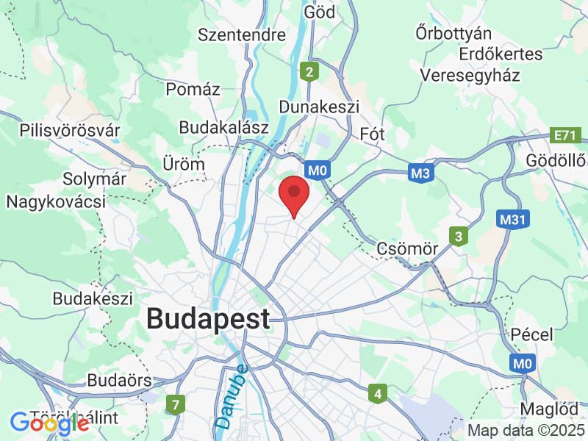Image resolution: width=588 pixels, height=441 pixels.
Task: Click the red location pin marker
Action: pyautogui.click(x=294, y=193)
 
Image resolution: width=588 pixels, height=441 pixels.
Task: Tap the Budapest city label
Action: pyautogui.click(x=208, y=319)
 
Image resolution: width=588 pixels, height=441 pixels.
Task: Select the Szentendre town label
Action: pyautogui.click(x=242, y=35)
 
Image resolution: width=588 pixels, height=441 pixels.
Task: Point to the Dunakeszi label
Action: pyautogui.click(x=319, y=107)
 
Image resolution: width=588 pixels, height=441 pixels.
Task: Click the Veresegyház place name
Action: pyautogui.click(x=470, y=75)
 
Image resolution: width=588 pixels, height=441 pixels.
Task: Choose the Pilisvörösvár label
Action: pyautogui.click(x=70, y=131)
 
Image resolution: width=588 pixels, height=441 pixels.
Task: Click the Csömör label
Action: pyautogui.click(x=407, y=248)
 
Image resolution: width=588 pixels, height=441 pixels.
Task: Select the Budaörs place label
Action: pyautogui.click(x=119, y=380)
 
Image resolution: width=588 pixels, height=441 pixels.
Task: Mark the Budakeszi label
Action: pyautogui.click(x=93, y=299)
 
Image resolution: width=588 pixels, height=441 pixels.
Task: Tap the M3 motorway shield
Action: pyautogui.click(x=420, y=173)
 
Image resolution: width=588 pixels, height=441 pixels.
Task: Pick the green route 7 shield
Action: pyautogui.click(x=175, y=404)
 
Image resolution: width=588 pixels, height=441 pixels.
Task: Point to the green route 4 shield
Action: pyautogui.click(x=378, y=394)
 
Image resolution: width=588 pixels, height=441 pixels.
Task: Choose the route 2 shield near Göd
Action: pyautogui.click(x=310, y=71)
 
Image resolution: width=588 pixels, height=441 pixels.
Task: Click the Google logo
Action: pyautogui.click(x=49, y=423)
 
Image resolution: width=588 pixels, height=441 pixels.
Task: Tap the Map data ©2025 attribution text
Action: pyautogui.click(x=526, y=430)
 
